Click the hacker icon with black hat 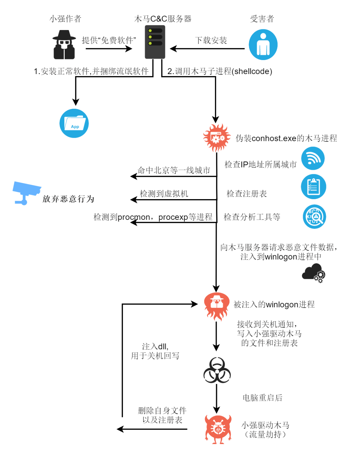[64, 45]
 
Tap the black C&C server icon [155, 42]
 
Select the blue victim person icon [263, 45]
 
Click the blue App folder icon [74, 123]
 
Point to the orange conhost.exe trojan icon [217, 137]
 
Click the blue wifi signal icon [313, 158]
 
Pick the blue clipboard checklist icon [313, 187]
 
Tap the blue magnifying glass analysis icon [314, 217]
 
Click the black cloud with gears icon [313, 273]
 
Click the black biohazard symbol [217, 371]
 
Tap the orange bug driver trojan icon [218, 429]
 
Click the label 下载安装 [211, 41]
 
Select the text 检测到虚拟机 [164, 194]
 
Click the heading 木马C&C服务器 [163, 19]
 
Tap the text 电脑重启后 [262, 398]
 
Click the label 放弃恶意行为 [68, 199]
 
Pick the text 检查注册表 [247, 194]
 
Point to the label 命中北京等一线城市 [174, 170]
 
